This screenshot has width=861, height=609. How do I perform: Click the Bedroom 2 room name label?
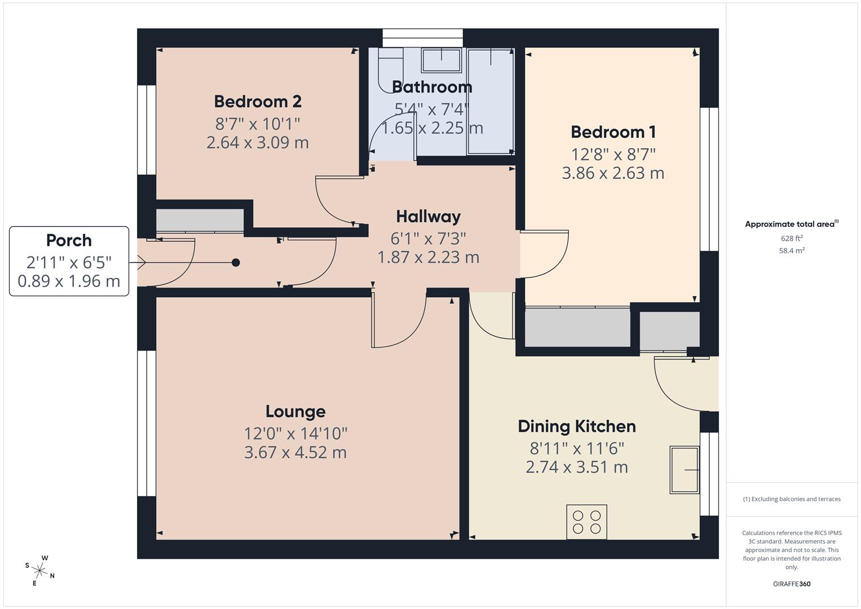(258, 101)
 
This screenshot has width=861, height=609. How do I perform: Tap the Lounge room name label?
(295, 412)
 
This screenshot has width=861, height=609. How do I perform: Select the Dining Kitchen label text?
(576, 426)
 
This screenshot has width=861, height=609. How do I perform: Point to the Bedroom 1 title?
(613, 132)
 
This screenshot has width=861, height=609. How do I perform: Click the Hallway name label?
(428, 217)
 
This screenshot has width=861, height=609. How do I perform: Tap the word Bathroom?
(432, 87)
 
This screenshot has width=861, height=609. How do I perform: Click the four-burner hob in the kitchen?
(586, 522)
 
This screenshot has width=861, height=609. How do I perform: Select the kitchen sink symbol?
(684, 470)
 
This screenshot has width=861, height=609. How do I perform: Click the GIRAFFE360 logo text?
(791, 584)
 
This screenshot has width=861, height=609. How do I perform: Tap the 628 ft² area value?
(791, 239)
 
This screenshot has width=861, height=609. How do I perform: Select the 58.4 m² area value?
(791, 251)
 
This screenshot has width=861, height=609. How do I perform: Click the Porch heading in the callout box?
(69, 240)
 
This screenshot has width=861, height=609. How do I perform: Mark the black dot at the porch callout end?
(236, 262)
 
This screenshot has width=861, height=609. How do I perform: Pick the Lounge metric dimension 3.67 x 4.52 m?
(295, 453)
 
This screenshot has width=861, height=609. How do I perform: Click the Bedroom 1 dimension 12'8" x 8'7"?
(613, 154)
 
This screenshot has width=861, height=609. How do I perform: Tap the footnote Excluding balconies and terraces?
(791, 499)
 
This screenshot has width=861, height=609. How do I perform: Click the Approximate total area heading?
(791, 224)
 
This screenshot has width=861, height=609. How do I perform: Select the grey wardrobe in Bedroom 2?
(200, 220)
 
